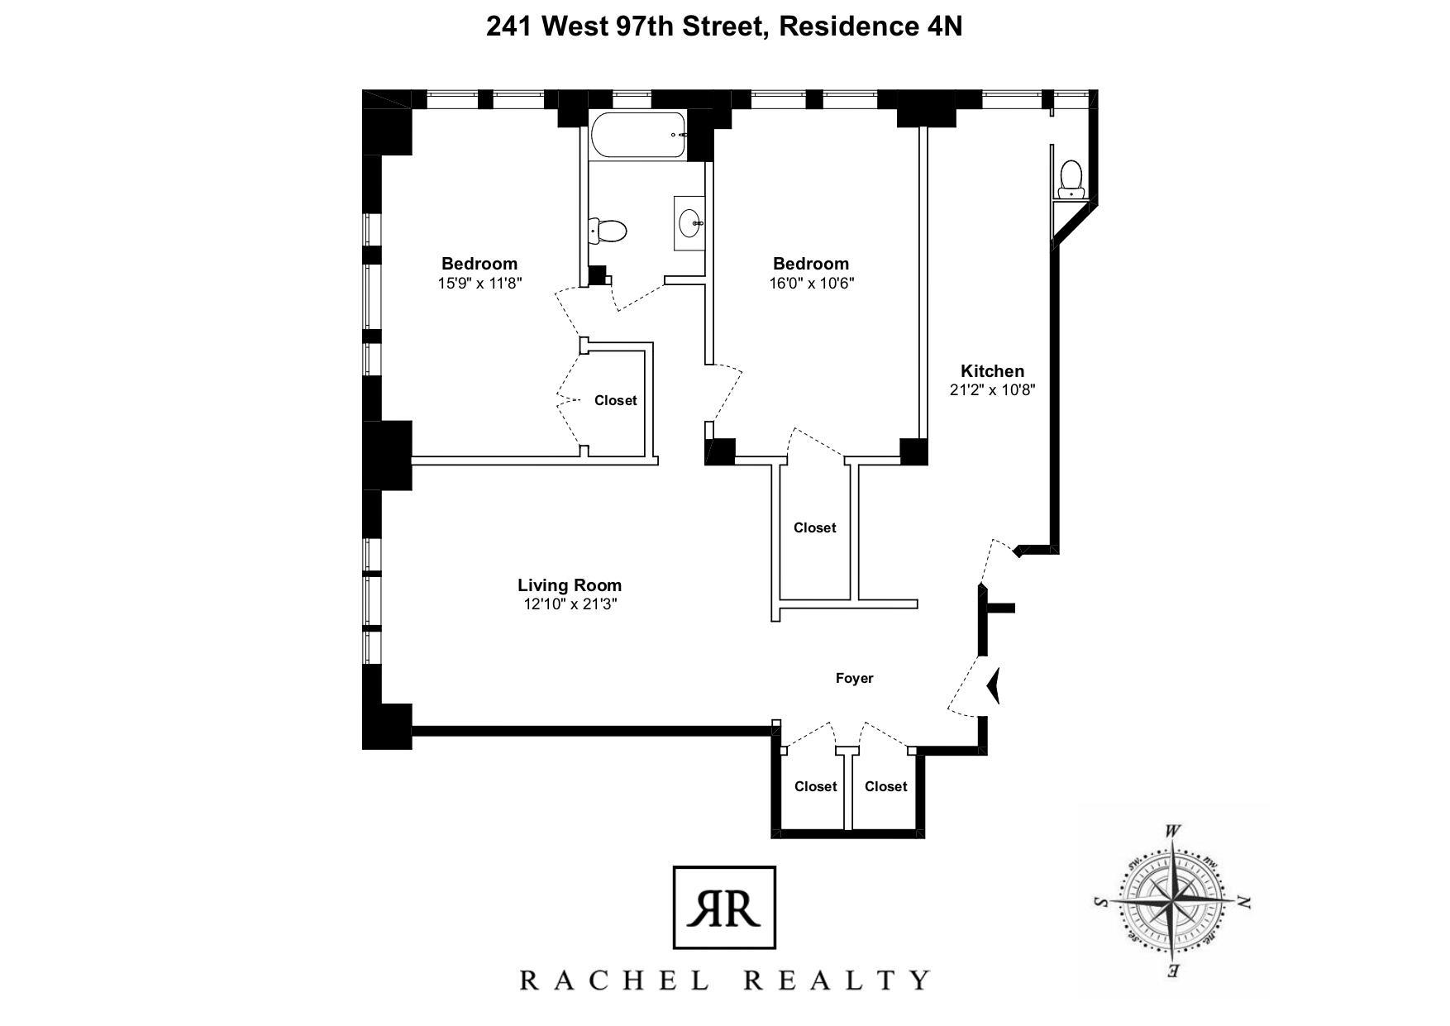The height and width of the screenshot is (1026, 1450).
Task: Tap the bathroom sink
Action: click(689, 222)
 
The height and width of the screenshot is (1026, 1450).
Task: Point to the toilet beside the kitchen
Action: click(1071, 179)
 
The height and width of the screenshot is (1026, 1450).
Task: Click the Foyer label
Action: click(854, 678)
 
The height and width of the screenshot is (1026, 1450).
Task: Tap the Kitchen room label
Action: click(992, 371)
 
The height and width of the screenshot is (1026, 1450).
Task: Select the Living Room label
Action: click(570, 585)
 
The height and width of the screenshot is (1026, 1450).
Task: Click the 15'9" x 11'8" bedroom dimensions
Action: click(479, 283)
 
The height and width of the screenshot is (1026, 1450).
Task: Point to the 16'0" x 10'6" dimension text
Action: click(811, 283)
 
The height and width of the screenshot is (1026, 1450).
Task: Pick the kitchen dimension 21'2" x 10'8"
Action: click(992, 390)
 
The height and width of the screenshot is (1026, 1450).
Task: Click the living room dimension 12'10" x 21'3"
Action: click(570, 604)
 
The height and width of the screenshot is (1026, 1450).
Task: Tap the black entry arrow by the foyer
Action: click(994, 685)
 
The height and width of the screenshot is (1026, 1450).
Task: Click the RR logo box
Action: click(725, 907)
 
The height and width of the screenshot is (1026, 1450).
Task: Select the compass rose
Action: click(1173, 900)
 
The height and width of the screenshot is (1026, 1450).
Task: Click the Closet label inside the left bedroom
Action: click(616, 400)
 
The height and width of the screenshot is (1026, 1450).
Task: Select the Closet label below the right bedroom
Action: click(815, 527)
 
